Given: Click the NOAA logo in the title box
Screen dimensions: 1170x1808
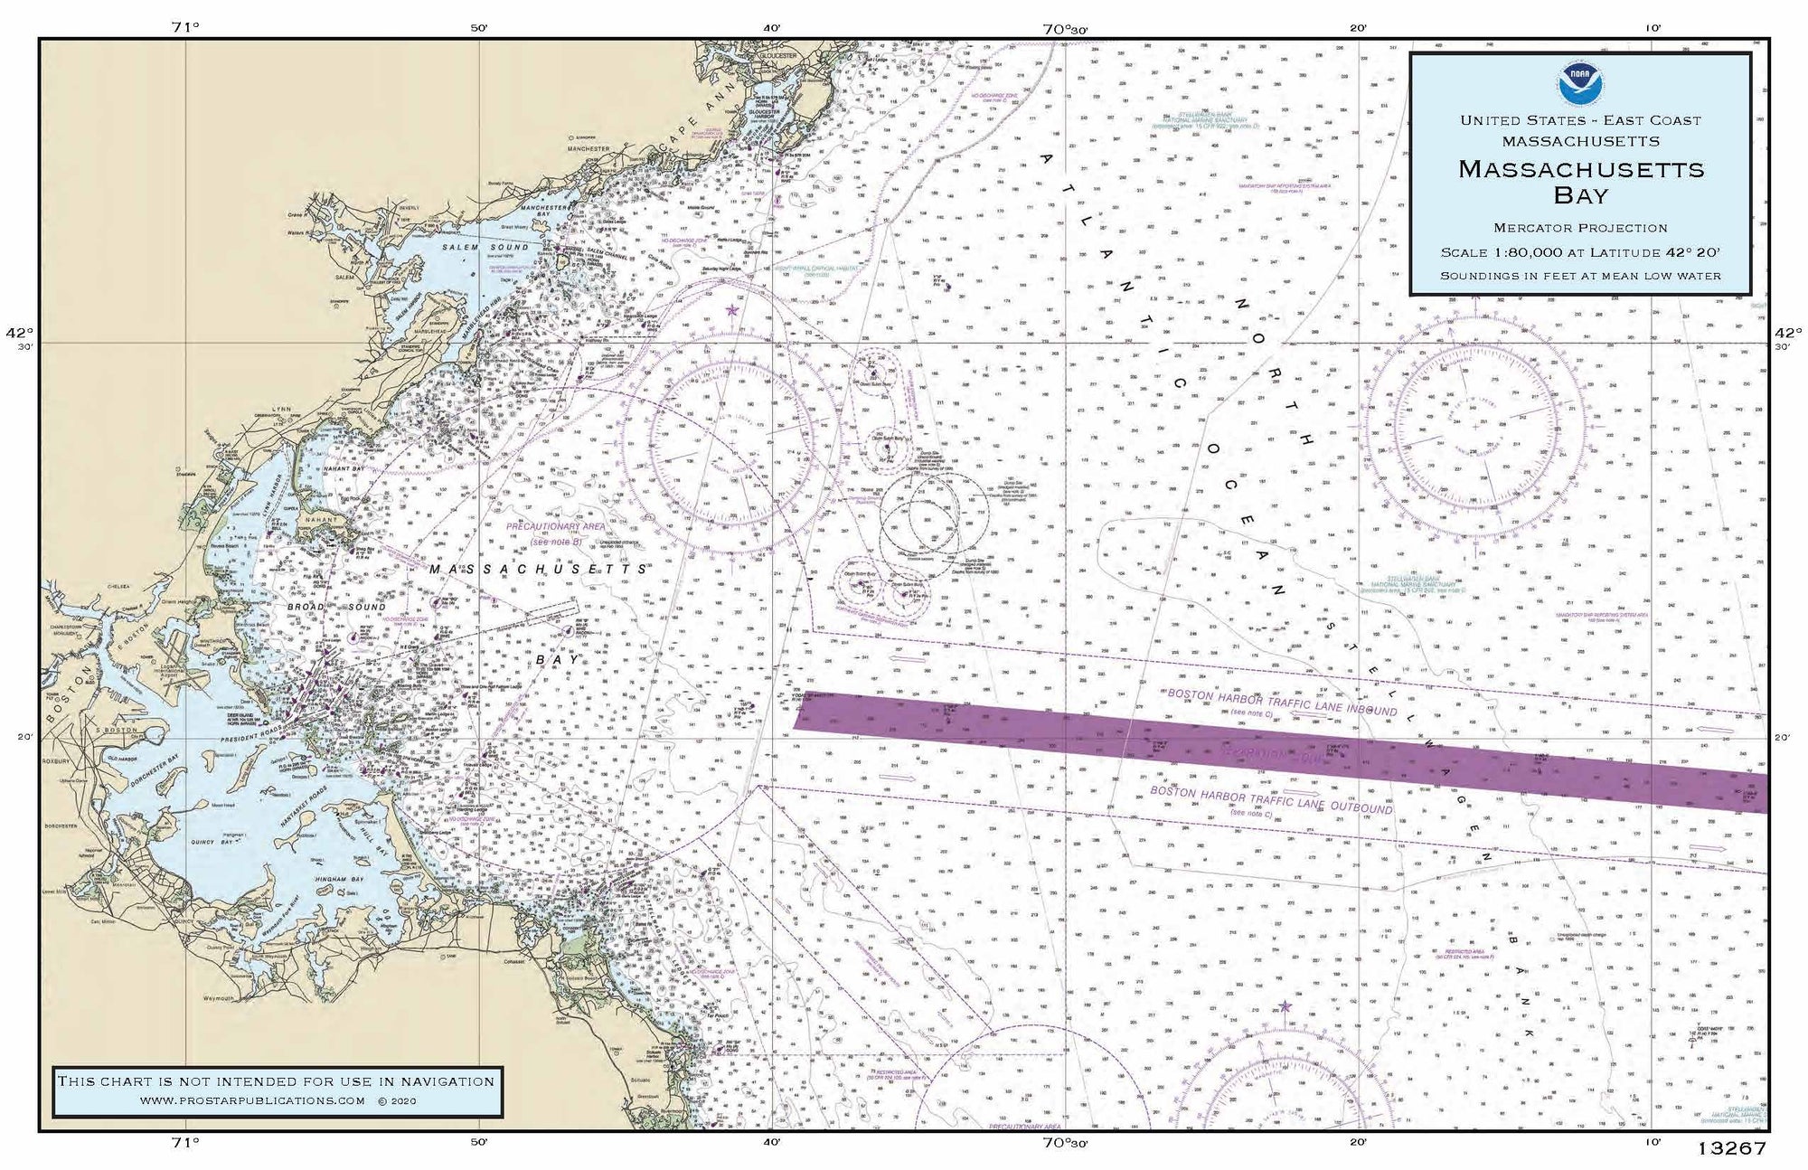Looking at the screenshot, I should click(1579, 84).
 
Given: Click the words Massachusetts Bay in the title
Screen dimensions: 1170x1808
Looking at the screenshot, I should click(1580, 181).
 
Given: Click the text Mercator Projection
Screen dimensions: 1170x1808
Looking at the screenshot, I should click(1580, 228).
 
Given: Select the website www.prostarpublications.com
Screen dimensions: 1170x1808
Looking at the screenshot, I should click(253, 1100).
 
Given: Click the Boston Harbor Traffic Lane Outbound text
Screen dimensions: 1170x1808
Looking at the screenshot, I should click(1270, 799).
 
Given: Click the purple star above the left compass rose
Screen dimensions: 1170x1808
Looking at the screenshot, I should click(731, 310).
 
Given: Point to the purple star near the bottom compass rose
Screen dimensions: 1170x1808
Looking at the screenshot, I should click(1285, 1006).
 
